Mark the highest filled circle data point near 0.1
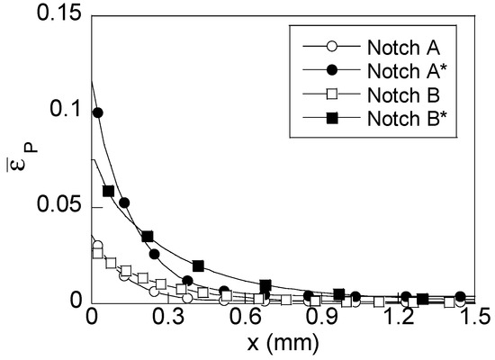(97, 112)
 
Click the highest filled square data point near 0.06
(108, 191)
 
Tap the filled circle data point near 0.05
(124, 202)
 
